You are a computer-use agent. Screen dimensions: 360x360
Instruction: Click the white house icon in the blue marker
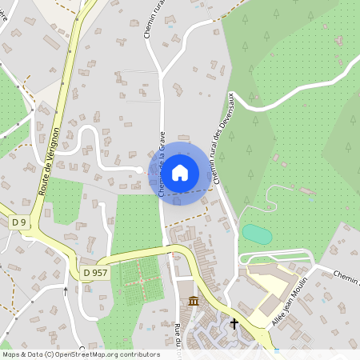pyautogui.click(x=180, y=172)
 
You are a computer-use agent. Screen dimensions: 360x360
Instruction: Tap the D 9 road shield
pyautogui.click(x=18, y=221)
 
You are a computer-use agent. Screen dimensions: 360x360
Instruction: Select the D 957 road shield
pyautogui.click(x=94, y=273)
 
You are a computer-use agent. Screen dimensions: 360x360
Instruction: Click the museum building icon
pyautogui.click(x=194, y=301)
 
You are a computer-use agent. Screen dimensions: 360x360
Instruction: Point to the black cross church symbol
pyautogui.click(x=234, y=324)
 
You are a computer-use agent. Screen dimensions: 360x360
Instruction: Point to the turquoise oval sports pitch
pyautogui.click(x=257, y=234)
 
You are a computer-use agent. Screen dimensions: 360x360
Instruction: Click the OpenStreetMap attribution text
pyautogui.click(x=82, y=354)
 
